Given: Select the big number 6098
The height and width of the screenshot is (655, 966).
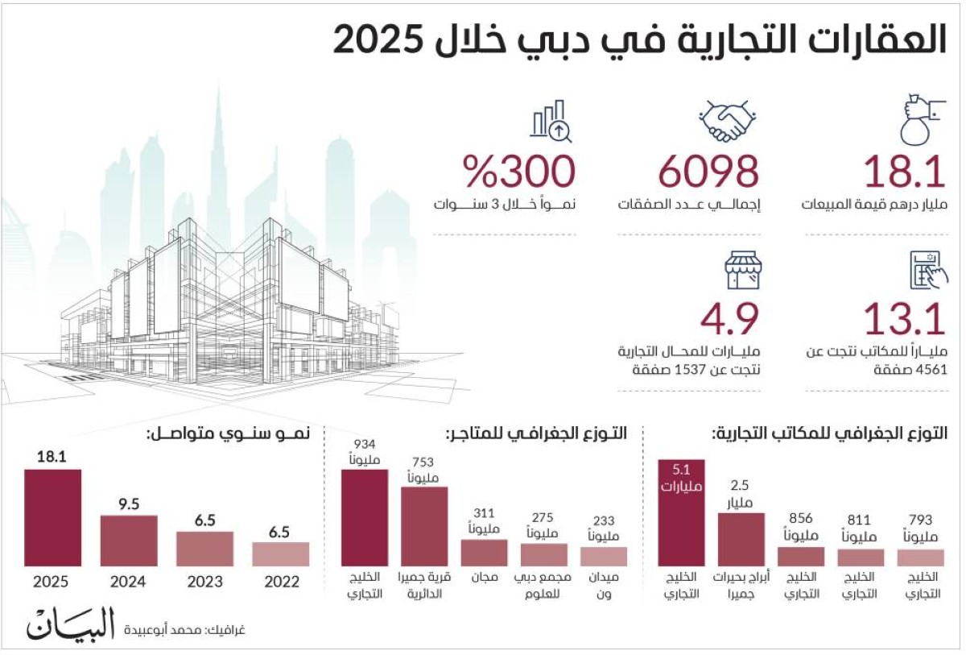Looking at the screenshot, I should [709, 172].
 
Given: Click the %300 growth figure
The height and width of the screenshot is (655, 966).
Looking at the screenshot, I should [519, 172].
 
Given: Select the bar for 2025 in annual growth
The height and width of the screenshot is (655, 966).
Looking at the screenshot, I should [53, 517].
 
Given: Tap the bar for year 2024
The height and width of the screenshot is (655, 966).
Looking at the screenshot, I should [129, 540].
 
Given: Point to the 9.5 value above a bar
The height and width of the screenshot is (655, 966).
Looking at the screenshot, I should [129, 504].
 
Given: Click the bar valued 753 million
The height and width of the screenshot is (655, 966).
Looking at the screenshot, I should [424, 526].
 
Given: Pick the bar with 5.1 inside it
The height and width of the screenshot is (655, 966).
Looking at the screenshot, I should [682, 513].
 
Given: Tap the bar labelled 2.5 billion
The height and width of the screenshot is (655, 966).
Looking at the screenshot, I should [741, 539].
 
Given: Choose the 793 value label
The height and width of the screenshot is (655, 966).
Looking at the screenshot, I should [920, 520].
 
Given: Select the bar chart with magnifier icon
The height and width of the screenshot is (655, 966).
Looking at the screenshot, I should [551, 122].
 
